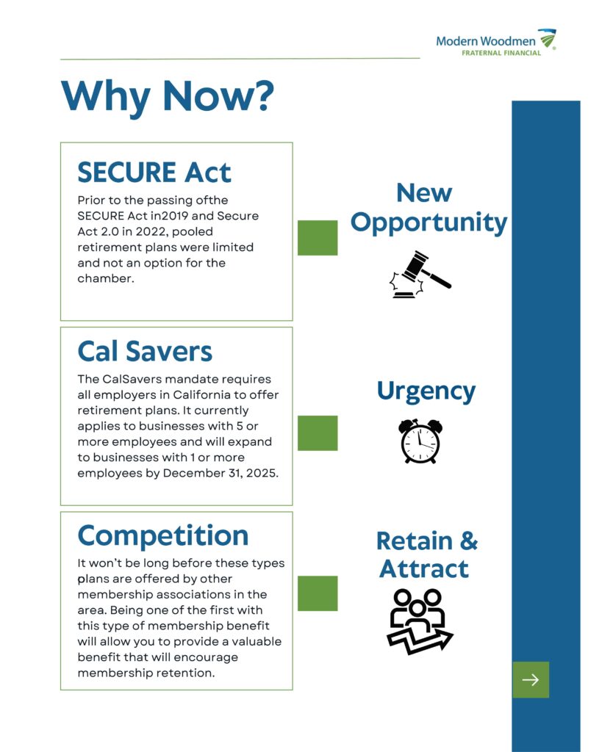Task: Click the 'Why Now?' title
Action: (168, 95)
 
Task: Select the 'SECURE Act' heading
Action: (154, 172)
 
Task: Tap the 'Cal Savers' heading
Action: (145, 351)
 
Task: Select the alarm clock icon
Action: (420, 441)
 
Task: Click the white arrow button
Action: (531, 680)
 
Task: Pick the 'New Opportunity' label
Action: (429, 208)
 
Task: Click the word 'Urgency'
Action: (426, 391)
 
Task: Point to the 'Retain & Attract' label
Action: (426, 554)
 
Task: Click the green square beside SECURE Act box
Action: (318, 238)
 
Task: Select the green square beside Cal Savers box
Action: (318, 433)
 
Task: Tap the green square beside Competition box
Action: (318, 593)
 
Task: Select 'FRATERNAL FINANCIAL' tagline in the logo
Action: (501, 53)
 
